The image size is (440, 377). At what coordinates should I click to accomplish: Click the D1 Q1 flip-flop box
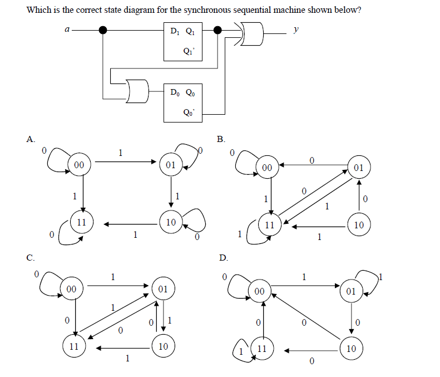182,41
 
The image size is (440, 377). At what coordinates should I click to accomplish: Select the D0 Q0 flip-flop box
182,103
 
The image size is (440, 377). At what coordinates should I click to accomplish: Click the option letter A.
31,139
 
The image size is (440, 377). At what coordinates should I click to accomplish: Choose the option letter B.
221,139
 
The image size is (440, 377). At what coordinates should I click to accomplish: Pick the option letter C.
31,258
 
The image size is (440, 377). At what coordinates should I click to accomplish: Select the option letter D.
223,258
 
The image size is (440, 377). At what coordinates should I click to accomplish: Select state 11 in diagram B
270,226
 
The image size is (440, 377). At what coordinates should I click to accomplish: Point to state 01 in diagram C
162,289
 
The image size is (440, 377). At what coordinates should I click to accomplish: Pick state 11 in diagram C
73,345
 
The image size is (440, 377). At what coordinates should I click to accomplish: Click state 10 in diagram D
351,349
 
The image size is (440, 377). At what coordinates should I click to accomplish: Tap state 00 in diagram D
260,291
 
